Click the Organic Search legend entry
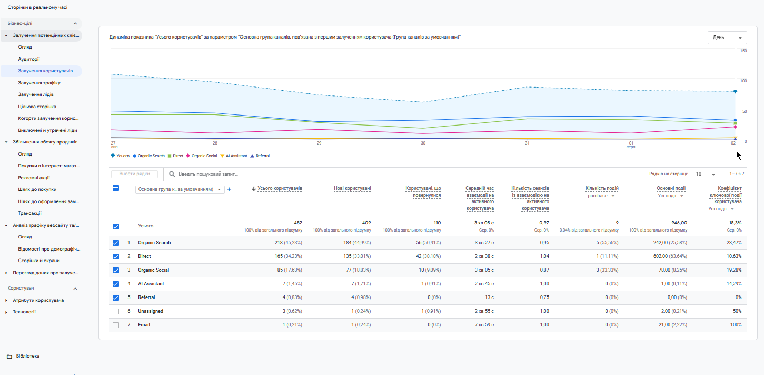pos(148,156)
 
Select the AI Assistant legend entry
pos(234,156)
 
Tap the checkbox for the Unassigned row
pos(116,312)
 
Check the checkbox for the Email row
pos(116,325)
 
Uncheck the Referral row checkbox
pos(116,297)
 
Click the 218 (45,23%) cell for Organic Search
pos(288,243)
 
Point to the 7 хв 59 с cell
pos(484,325)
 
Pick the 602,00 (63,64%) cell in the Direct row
pos(670,256)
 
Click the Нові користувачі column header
pos(352,188)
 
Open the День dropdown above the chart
pos(727,37)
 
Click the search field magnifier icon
pos(172,174)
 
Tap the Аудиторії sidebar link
pos(29,59)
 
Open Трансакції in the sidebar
pos(29,213)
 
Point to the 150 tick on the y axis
pos(743,51)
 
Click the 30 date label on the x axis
pos(423,143)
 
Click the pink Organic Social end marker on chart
pos(735,127)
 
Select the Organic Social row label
pos(153,270)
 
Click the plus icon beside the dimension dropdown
pos(229,189)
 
